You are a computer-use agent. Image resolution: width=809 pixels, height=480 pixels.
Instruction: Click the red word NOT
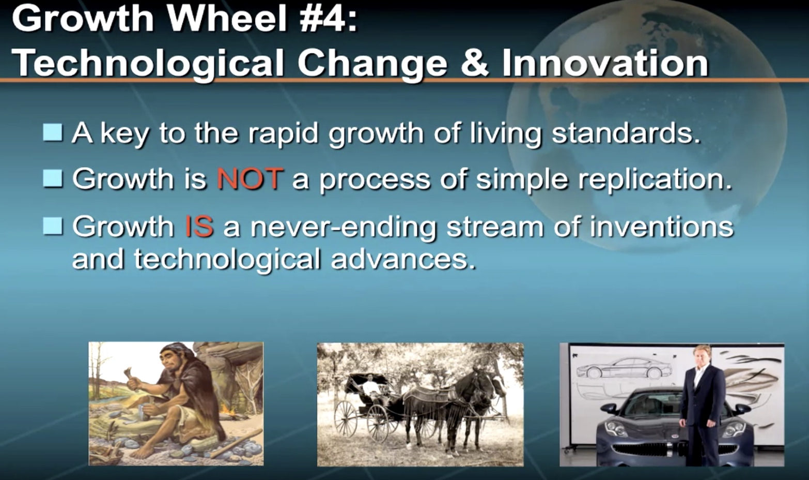249,178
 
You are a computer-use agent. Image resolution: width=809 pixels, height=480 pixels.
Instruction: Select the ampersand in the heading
475,63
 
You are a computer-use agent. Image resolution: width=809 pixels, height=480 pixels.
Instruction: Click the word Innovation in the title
605,63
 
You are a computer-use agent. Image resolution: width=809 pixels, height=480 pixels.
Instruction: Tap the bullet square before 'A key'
53,132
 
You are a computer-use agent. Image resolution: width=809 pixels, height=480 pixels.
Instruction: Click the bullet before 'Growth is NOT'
53,178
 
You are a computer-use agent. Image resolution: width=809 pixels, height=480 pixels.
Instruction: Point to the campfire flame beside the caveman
227,411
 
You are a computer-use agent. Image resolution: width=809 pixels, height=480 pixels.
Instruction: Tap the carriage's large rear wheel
346,418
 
